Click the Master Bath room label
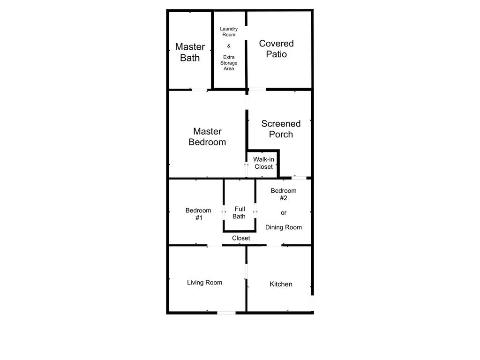point(190,52)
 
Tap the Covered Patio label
point(277,49)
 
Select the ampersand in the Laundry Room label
point(229,46)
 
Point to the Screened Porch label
point(281,129)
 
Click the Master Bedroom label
point(207,136)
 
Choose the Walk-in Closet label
point(263,163)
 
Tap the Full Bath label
point(240,212)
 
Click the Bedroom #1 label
point(198,214)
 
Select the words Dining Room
point(284,227)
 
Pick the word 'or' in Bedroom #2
point(284,213)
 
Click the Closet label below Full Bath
point(241,238)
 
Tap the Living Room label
point(204,282)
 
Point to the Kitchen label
point(281,284)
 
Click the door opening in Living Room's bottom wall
point(226,313)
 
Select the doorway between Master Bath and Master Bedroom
point(200,90)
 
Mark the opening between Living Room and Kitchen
point(246,271)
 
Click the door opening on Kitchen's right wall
point(312,303)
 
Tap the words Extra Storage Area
point(229,63)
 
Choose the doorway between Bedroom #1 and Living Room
point(215,245)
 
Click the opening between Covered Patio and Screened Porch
point(257,90)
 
